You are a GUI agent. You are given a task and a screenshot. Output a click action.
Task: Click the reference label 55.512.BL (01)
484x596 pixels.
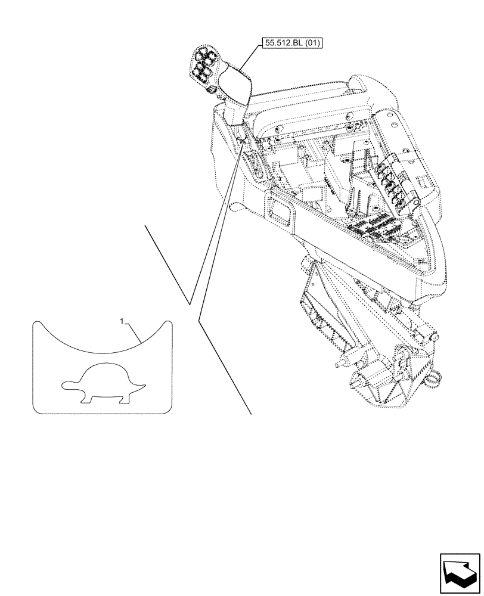pos(291,44)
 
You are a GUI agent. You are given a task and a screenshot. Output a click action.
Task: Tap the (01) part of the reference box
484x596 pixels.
pos(311,44)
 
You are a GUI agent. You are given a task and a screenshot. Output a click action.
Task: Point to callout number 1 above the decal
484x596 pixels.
pos(122,322)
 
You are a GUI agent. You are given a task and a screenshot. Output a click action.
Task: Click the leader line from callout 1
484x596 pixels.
pos(134,331)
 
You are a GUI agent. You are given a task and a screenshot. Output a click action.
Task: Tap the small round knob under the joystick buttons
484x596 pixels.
pos(209,89)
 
